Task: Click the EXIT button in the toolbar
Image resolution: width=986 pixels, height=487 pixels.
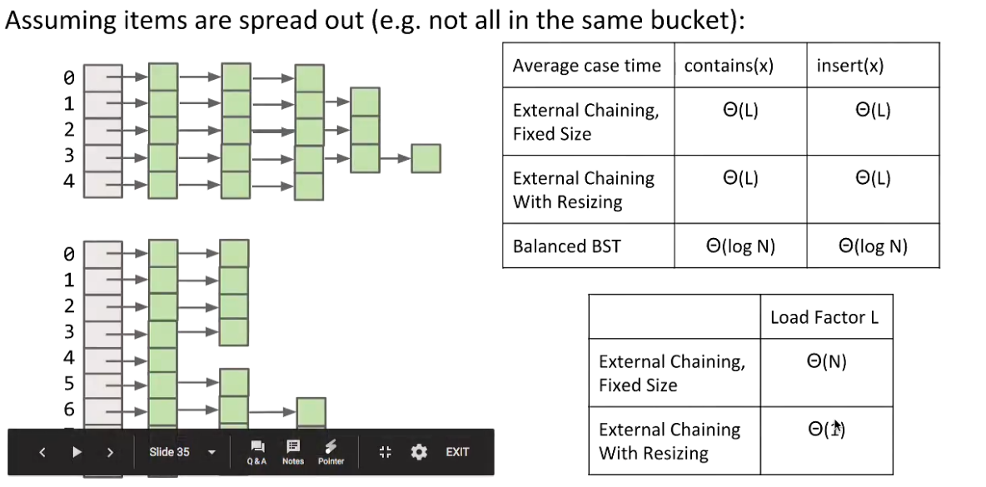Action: click(457, 452)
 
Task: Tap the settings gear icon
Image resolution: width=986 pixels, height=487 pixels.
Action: click(419, 452)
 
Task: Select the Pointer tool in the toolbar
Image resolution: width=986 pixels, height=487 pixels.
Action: click(331, 451)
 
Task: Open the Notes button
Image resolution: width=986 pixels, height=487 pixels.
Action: click(293, 451)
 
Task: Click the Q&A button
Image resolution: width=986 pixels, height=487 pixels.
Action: click(256, 451)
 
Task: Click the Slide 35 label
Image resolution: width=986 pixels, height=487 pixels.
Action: click(169, 452)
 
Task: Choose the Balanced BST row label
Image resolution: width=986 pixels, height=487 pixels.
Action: click(566, 246)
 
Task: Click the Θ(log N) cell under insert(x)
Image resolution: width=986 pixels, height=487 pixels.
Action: click(873, 246)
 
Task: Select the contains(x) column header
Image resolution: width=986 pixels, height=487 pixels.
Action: click(729, 66)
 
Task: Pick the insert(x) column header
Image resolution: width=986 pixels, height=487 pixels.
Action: click(849, 66)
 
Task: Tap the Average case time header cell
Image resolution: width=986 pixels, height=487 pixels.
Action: click(586, 66)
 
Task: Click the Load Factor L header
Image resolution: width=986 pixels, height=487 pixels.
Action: click(824, 317)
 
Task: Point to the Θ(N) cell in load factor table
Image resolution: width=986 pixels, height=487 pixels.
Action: click(826, 362)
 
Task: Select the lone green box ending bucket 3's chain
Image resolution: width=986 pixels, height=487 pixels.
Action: click(426, 158)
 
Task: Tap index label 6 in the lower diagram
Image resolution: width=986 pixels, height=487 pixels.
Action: click(69, 409)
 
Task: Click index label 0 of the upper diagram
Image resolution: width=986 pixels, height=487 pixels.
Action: click(69, 78)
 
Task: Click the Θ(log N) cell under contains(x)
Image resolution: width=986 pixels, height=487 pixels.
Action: click(739, 246)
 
